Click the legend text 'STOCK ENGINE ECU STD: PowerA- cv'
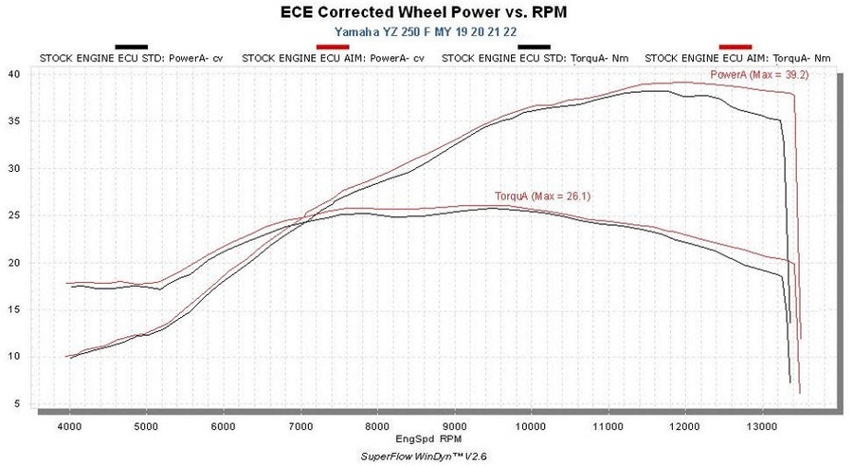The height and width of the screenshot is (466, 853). (131, 58)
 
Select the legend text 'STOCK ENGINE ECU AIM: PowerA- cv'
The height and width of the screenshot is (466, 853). (332, 58)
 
